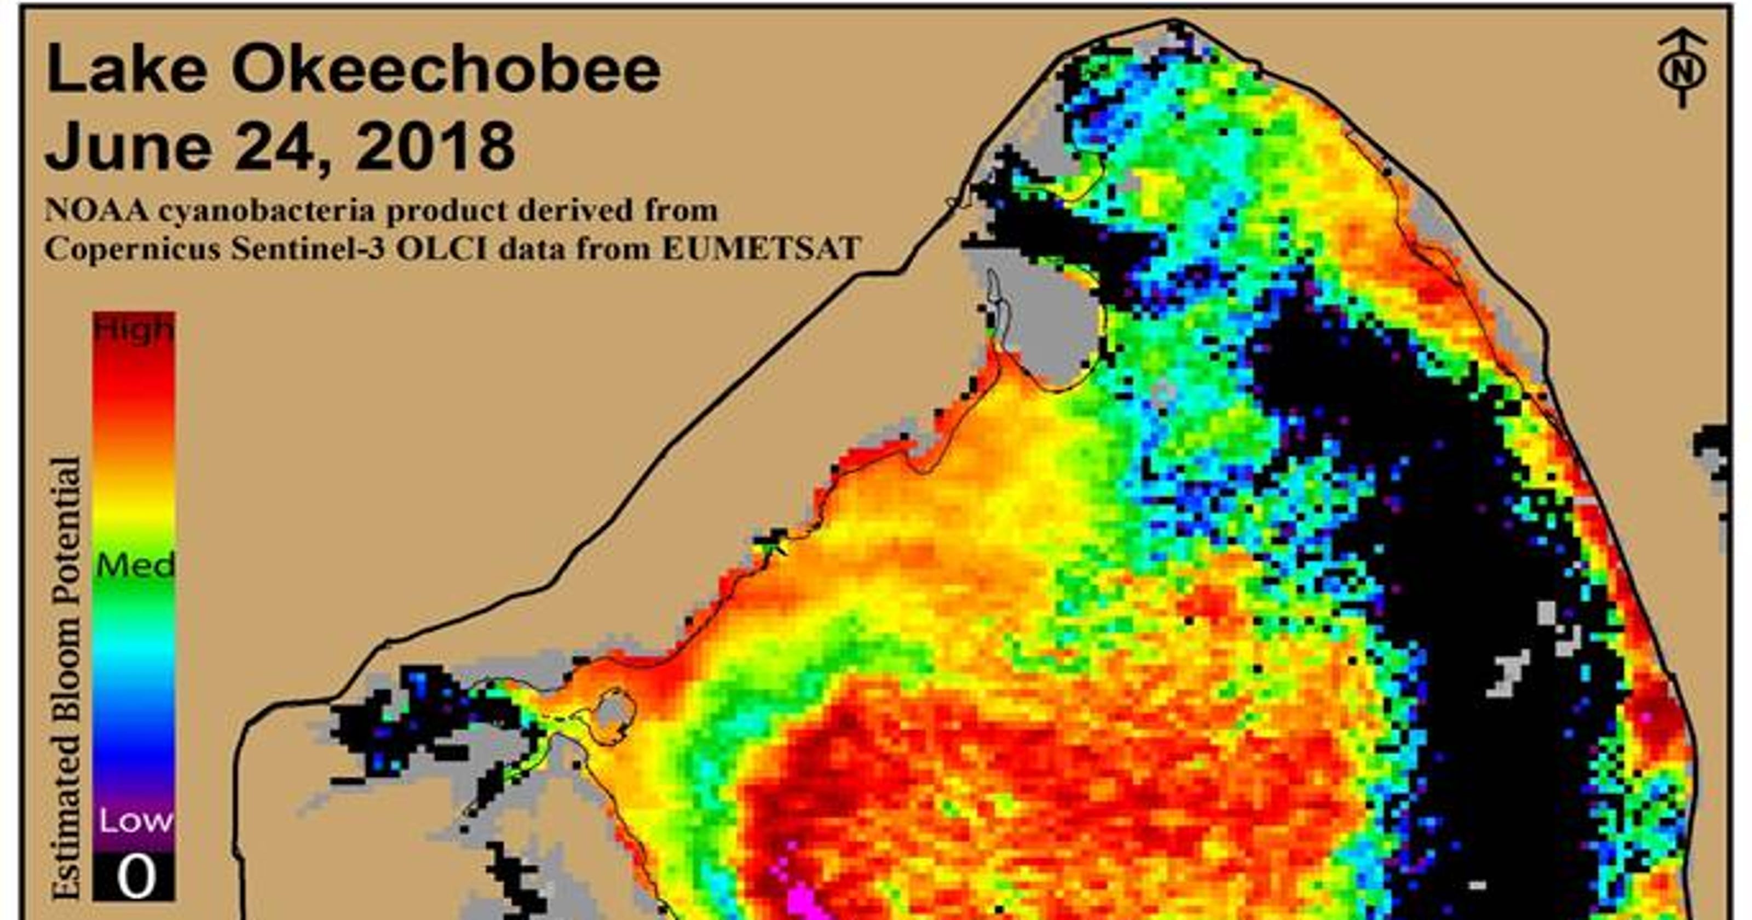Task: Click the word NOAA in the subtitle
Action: tap(96, 210)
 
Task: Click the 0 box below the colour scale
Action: tap(135, 877)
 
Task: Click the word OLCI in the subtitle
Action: tap(441, 249)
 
